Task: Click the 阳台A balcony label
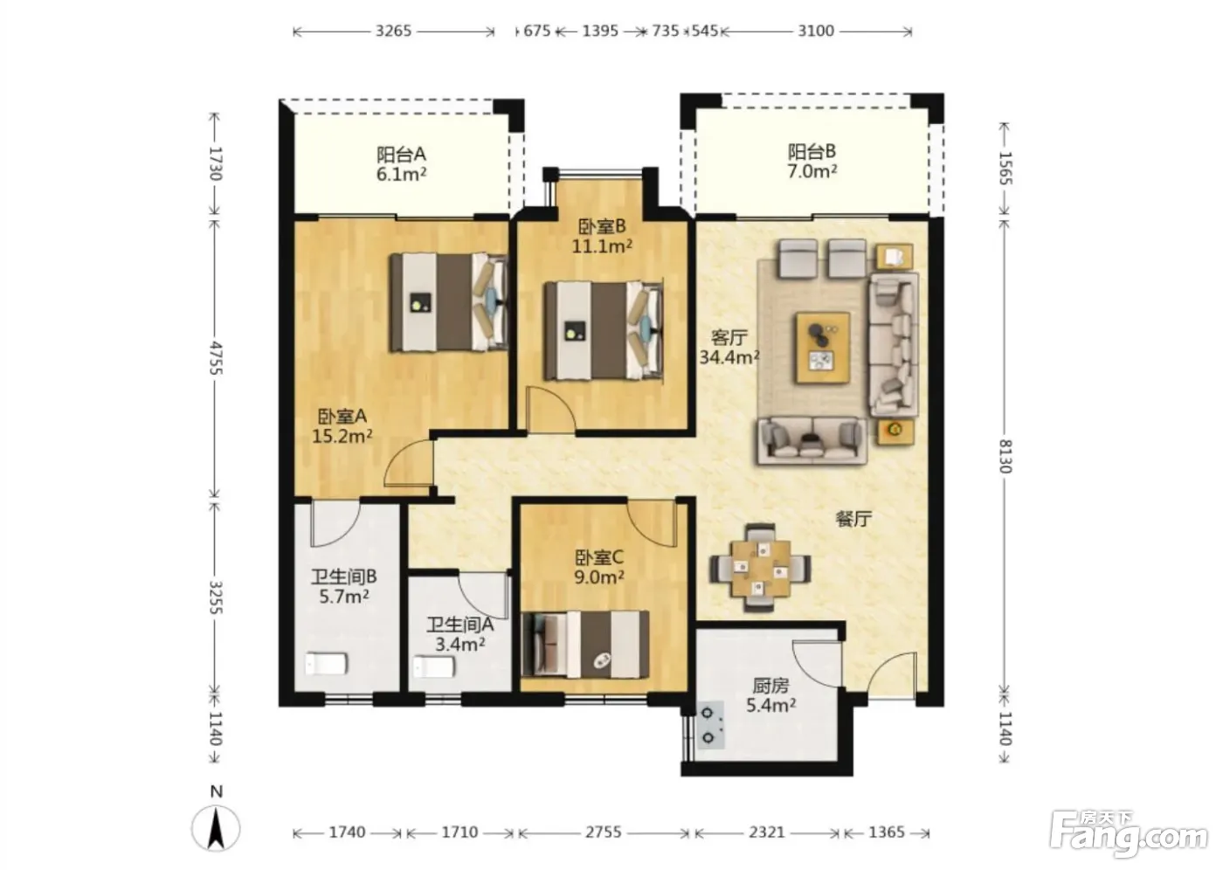tap(401, 155)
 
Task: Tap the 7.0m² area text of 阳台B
tap(812, 171)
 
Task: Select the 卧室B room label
tap(602, 226)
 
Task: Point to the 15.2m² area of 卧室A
tap(342, 437)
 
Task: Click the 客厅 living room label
tap(729, 337)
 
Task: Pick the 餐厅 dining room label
tap(854, 519)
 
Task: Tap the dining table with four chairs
tap(761, 568)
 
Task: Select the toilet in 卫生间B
tap(326, 664)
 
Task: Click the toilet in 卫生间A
tap(434, 666)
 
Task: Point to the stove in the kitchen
tap(710, 725)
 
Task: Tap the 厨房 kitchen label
tap(770, 686)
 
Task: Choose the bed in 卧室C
tap(585, 644)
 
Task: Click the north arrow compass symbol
tap(217, 827)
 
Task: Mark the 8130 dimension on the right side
tap(1005, 456)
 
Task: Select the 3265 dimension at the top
tap(393, 31)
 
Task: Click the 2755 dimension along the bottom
tap(604, 832)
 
